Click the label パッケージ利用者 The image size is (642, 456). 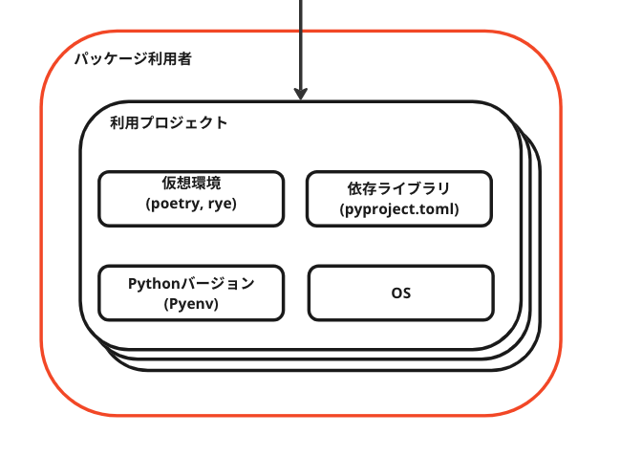coord(133,59)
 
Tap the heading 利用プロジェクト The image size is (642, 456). coord(169,123)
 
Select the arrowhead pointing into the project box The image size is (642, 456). coord(301,94)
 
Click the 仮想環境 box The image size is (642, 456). coord(191,199)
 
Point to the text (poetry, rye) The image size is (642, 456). coord(191,204)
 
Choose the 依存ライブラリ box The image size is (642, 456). coord(399,199)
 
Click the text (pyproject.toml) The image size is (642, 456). coord(399,209)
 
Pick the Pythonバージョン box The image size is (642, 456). coord(191,293)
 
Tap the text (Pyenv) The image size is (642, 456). coord(191,304)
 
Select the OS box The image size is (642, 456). coord(401,293)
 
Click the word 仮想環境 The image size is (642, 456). coord(191,184)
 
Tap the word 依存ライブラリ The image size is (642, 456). coord(399,188)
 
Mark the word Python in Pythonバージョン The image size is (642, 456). coord(155,284)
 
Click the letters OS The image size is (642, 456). coord(401,293)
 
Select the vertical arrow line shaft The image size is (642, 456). coord(301,44)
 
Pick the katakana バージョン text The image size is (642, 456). coord(218,284)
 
